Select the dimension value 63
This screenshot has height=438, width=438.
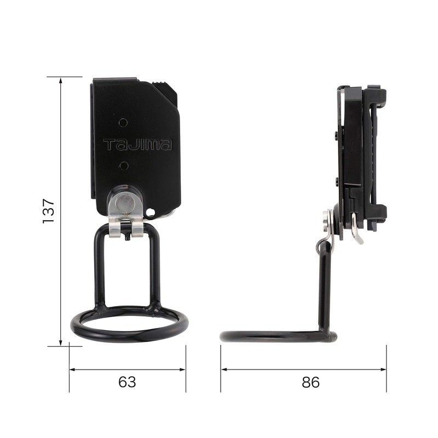coord(127,382)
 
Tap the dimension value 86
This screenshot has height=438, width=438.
coord(310,382)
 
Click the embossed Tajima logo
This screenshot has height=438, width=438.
coord(137,145)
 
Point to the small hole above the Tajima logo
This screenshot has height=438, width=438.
coord(124,123)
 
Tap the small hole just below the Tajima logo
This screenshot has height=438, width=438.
coord(124,164)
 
